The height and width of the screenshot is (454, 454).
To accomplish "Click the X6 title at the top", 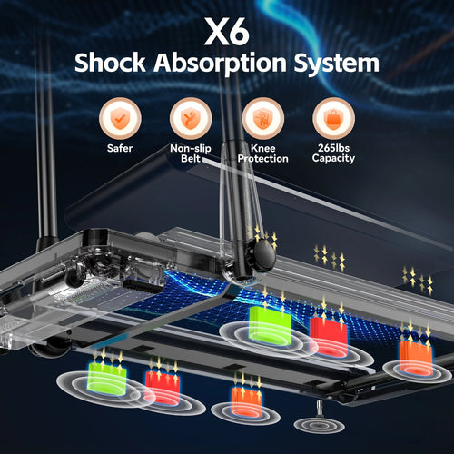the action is [227, 31].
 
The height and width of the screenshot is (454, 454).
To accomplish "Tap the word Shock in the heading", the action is [110, 63].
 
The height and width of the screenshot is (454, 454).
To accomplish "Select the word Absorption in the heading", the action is [220, 64].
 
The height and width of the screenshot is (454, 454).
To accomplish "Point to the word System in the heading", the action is [337, 64].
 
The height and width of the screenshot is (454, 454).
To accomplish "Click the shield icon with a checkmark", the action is [120, 118].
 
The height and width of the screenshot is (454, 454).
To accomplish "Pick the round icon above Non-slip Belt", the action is [191, 118].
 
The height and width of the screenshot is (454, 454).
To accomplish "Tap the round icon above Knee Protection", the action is [262, 118].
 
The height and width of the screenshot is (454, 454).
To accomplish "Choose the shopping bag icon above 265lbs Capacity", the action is [333, 118].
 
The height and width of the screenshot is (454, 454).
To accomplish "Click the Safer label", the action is [120, 148].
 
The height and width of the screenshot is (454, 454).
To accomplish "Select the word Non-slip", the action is [191, 148].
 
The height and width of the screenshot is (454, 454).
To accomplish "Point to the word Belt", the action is [191, 158].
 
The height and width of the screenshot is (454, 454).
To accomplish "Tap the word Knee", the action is [262, 148].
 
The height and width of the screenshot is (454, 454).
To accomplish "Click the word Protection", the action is [262, 158].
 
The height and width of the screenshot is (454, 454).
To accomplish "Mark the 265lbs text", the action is [333, 148].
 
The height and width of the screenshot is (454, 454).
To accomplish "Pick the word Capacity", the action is [333, 158].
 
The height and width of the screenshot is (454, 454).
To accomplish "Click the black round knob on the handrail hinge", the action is [264, 257].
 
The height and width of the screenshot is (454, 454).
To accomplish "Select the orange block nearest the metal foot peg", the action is [246, 400].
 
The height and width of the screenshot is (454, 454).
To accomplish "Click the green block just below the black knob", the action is [270, 325].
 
